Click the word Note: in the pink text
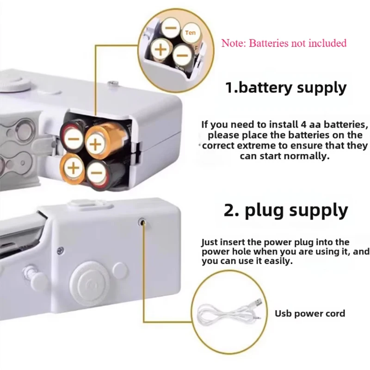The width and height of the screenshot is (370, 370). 234,43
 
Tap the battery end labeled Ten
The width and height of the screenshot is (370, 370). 190,33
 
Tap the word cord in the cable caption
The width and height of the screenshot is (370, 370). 335,314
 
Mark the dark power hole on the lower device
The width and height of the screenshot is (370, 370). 142,222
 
